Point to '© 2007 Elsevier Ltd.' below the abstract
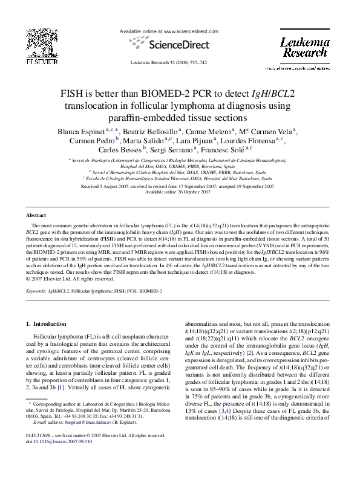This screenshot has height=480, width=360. point(53,279)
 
